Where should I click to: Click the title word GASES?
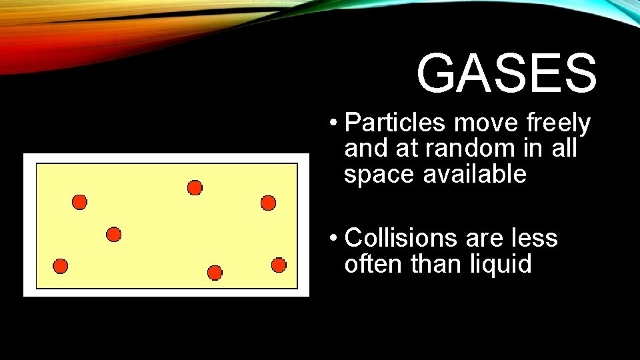507,73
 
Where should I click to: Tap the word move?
485,123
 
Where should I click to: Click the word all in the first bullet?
564,149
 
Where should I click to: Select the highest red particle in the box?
195,188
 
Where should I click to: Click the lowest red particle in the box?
215,273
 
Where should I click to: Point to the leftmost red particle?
61,266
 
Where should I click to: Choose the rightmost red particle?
279,265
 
